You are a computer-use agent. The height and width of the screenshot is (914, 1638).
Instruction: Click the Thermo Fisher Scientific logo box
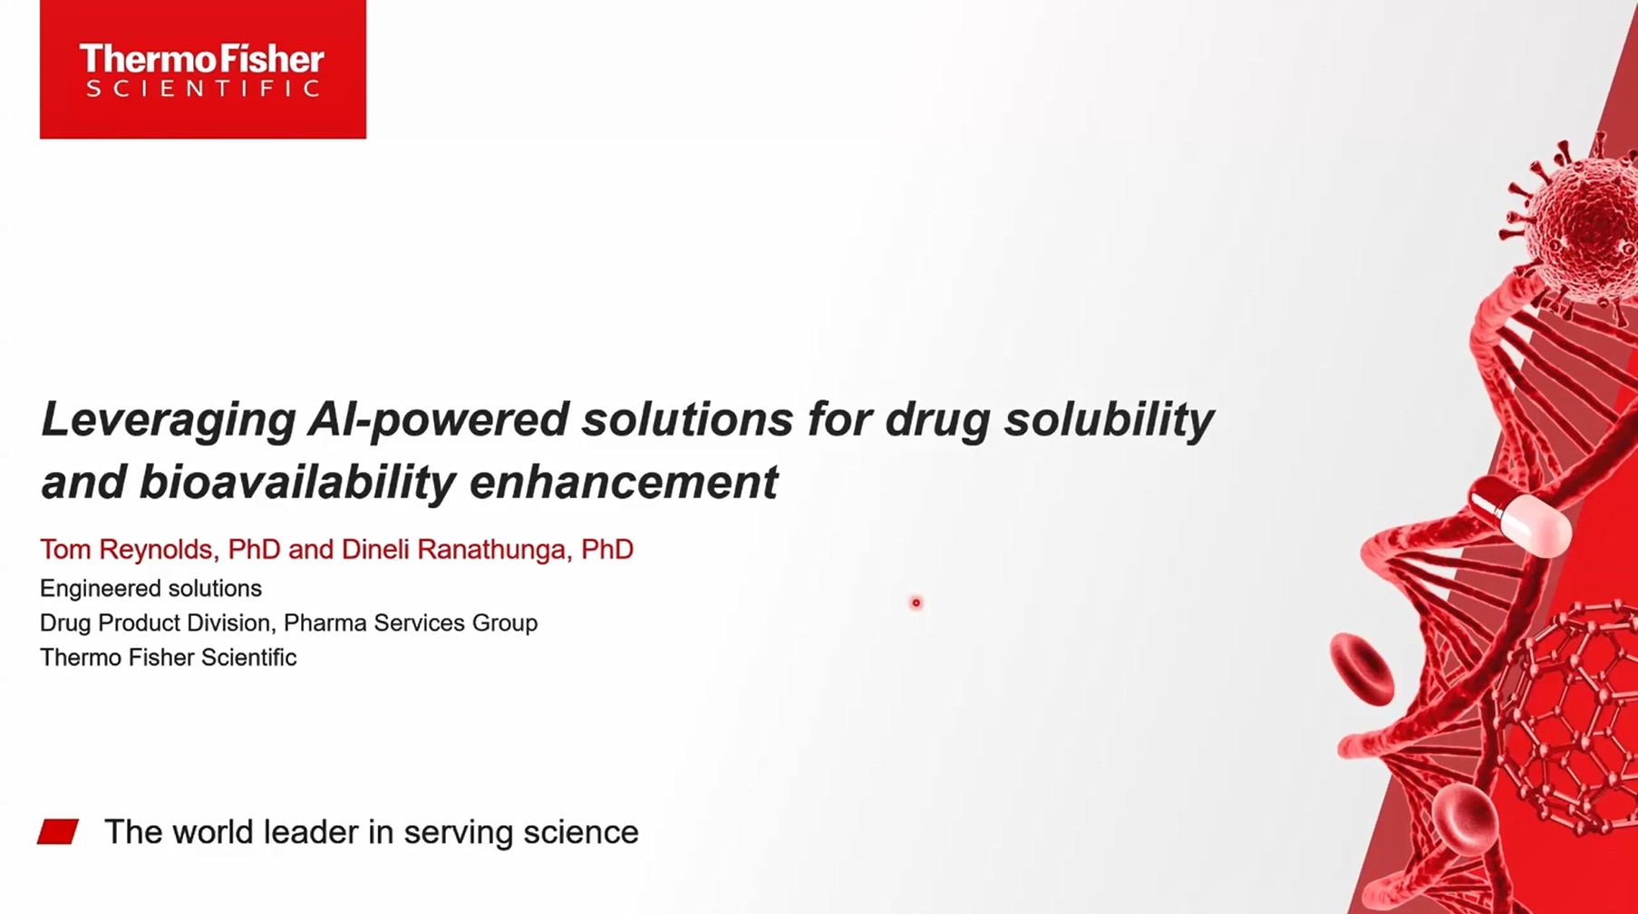203,69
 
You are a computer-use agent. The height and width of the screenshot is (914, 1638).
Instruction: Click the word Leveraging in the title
169,420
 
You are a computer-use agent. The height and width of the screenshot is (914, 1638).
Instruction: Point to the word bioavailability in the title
297,482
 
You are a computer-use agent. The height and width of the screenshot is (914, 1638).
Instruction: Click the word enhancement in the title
624,482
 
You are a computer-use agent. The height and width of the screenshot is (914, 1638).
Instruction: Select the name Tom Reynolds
126,550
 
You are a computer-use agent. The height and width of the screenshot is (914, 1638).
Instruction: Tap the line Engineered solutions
150,589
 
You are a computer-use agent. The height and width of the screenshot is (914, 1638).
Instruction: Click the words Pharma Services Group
411,623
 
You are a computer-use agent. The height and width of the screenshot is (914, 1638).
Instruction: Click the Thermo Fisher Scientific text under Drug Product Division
168,658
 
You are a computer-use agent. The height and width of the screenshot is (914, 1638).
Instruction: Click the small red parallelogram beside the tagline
58,832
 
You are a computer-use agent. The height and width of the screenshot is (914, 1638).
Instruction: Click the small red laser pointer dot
916,602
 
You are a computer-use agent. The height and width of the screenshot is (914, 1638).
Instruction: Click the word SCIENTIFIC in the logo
202,89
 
